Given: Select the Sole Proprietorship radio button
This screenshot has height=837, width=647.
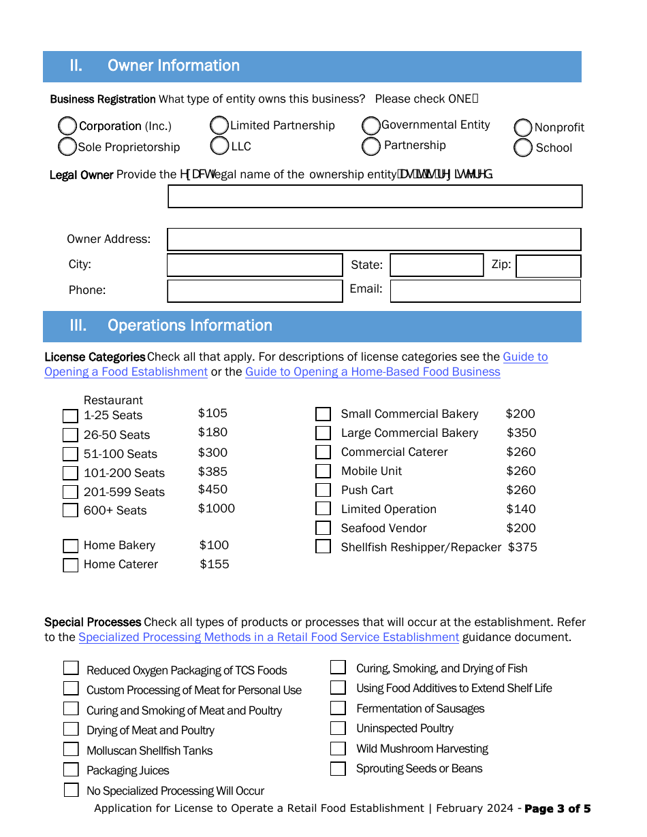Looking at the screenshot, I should click(x=67, y=146).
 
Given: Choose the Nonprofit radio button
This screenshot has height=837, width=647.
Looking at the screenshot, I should click(x=523, y=127).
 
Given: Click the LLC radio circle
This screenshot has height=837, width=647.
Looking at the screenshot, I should click(x=219, y=146).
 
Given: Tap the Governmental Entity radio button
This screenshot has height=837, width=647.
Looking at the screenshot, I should click(x=371, y=126).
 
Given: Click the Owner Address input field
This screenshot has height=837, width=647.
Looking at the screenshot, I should click(x=374, y=240).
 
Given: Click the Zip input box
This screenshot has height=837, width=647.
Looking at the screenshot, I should click(x=548, y=266).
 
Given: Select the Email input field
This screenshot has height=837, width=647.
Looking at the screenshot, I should click(x=485, y=291).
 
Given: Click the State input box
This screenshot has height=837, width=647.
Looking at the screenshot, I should click(x=437, y=265).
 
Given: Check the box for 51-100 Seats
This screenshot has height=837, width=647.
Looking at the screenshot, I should click(x=70, y=454).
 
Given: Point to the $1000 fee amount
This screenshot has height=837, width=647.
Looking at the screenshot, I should click(x=217, y=508).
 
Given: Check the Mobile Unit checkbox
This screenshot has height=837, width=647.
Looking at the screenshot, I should click(x=323, y=471).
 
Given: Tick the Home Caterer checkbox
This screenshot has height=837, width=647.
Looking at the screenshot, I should click(x=70, y=565).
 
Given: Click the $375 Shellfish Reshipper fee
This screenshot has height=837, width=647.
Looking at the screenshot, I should click(x=522, y=547).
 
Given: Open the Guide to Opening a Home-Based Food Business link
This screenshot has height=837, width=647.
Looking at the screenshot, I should click(x=373, y=372).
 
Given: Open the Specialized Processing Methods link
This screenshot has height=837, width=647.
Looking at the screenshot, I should click(x=268, y=637).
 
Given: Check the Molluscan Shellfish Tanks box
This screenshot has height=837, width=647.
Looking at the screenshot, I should click(x=72, y=749).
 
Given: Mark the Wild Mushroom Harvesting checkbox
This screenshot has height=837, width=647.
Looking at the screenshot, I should click(x=338, y=749).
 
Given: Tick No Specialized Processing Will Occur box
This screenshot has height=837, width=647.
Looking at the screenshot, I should click(x=72, y=790).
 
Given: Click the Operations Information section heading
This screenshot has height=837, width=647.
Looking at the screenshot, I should click(x=189, y=325).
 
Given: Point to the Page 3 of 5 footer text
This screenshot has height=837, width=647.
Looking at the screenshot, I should click(x=557, y=808).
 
